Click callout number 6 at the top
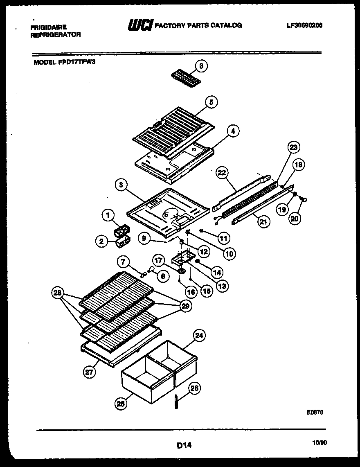click(201, 65)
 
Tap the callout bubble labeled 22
click(222, 174)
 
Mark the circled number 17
click(158, 259)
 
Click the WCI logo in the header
click(140, 26)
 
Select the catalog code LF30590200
click(305, 25)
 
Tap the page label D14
click(185, 444)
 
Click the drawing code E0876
click(315, 413)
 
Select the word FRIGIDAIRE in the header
click(49, 27)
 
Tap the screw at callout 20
click(304, 199)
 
